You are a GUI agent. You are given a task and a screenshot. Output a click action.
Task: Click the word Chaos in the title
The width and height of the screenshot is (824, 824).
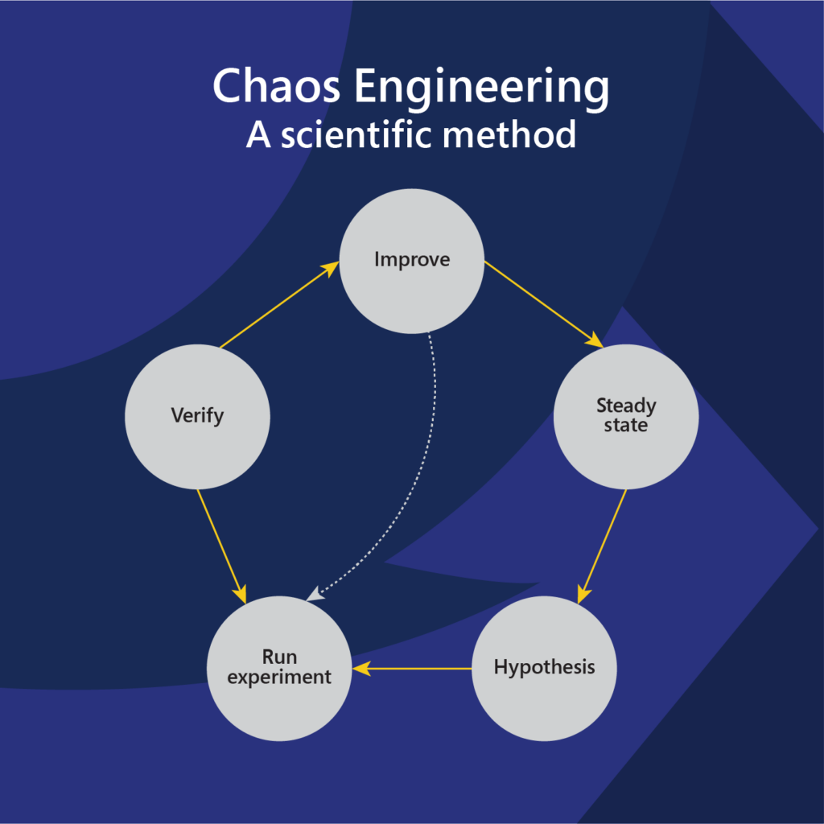pos(276,85)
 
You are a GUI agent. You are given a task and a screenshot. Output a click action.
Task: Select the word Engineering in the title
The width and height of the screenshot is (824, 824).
pos(482,89)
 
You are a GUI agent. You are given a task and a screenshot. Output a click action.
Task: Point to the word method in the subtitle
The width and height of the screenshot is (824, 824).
pos(509,134)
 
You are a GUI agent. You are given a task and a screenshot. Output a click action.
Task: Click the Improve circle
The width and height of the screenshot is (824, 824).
pos(411,262)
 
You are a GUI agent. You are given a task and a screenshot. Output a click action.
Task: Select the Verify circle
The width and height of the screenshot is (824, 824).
pos(198,417)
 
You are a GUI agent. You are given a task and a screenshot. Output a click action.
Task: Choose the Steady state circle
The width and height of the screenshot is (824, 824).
pos(626,417)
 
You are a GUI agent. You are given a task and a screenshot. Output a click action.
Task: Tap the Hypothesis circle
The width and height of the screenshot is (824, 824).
pos(544,669)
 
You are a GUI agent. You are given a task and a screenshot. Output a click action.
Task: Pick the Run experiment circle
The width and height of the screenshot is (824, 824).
pos(279,669)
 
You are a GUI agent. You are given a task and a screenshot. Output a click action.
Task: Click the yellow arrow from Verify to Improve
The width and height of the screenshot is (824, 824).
pos(279,305)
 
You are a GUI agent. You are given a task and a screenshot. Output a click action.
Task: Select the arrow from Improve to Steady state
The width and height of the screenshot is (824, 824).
pos(544,304)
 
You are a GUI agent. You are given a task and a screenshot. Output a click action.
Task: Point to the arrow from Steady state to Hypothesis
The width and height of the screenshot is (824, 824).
pos(602,546)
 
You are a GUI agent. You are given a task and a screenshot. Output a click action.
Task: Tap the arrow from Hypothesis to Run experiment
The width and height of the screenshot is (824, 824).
pos(412,669)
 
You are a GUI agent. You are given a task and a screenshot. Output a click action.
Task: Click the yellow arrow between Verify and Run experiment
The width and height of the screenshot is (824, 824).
pos(222,546)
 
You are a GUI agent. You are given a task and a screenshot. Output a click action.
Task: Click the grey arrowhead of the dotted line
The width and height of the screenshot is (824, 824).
pos(314,595)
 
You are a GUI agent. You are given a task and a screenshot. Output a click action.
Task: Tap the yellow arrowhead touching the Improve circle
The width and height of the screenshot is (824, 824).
pos(331,268)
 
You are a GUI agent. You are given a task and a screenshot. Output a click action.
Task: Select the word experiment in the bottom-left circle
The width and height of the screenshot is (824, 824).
pos(279,678)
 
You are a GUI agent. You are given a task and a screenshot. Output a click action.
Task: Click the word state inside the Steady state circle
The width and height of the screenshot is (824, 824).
pos(625,425)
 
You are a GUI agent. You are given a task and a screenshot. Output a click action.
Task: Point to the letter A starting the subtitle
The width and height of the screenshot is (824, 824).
pos(258,135)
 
